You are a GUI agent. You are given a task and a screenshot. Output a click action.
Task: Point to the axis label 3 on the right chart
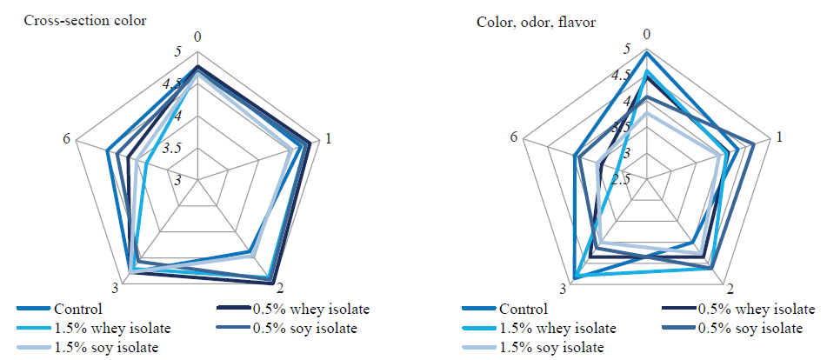coord(564,289)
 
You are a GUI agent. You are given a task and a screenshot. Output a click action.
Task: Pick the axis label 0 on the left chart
coord(198,37)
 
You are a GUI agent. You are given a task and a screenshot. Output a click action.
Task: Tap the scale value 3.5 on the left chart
coord(171,148)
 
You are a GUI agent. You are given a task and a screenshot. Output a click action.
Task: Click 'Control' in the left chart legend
coord(77,309)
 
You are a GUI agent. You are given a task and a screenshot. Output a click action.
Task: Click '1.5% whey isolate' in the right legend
coord(557,328)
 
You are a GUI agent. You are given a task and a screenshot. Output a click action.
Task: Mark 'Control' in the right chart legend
coord(524,309)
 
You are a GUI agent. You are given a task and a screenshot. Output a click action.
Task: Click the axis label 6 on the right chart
coord(516,138)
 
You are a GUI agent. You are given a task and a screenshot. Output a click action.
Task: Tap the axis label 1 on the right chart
coord(780,137)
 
